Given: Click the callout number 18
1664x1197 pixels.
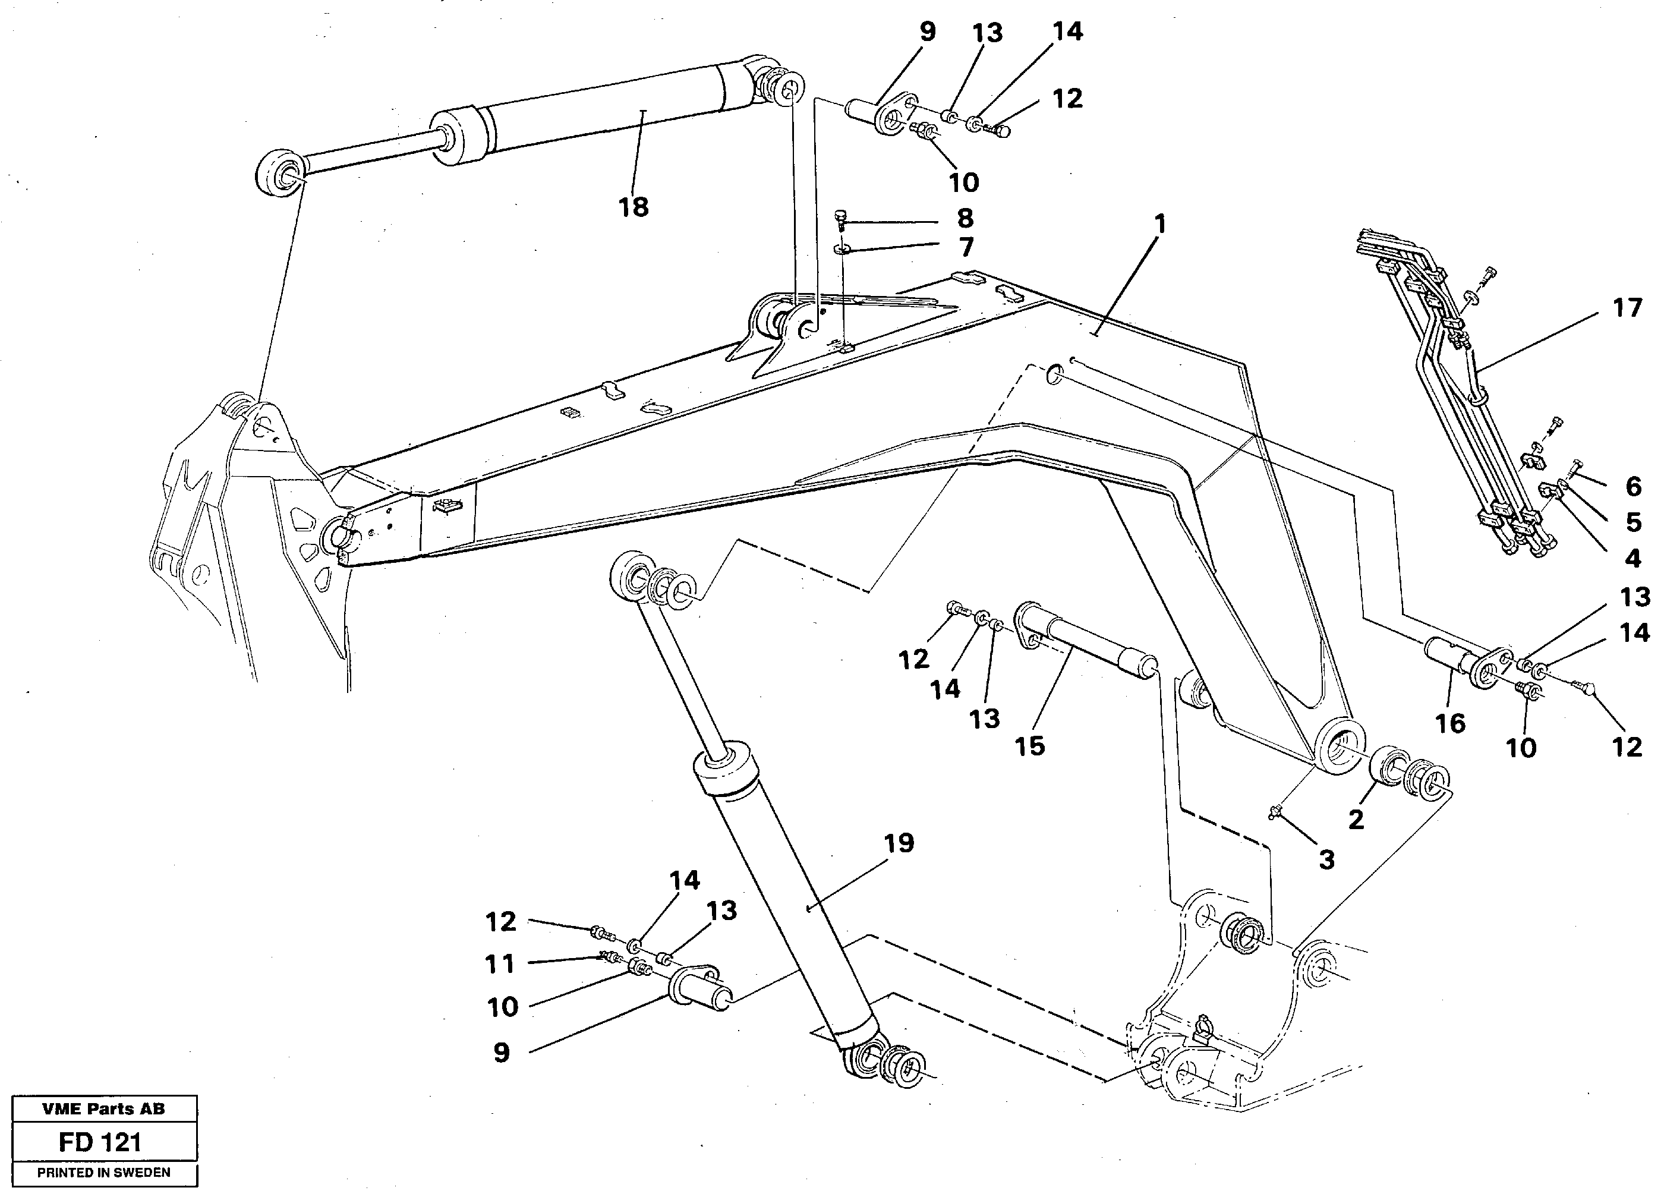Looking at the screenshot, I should pos(633,207).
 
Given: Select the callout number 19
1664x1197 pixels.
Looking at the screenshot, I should pos(899,843).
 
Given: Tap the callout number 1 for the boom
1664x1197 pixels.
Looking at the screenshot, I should pos(1159,224).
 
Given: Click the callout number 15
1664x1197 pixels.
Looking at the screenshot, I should pos(1029,746).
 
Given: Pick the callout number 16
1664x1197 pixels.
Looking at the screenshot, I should pos(1450,724).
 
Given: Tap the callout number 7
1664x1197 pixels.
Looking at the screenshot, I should pos(966,247).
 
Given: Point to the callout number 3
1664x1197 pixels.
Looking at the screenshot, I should pos(1326,859).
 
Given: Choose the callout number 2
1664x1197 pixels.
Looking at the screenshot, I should pos(1356,819).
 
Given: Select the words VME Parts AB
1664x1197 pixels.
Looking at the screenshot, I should pos(103,1109).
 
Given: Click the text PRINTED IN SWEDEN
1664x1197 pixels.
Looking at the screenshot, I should pos(103,1173).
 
